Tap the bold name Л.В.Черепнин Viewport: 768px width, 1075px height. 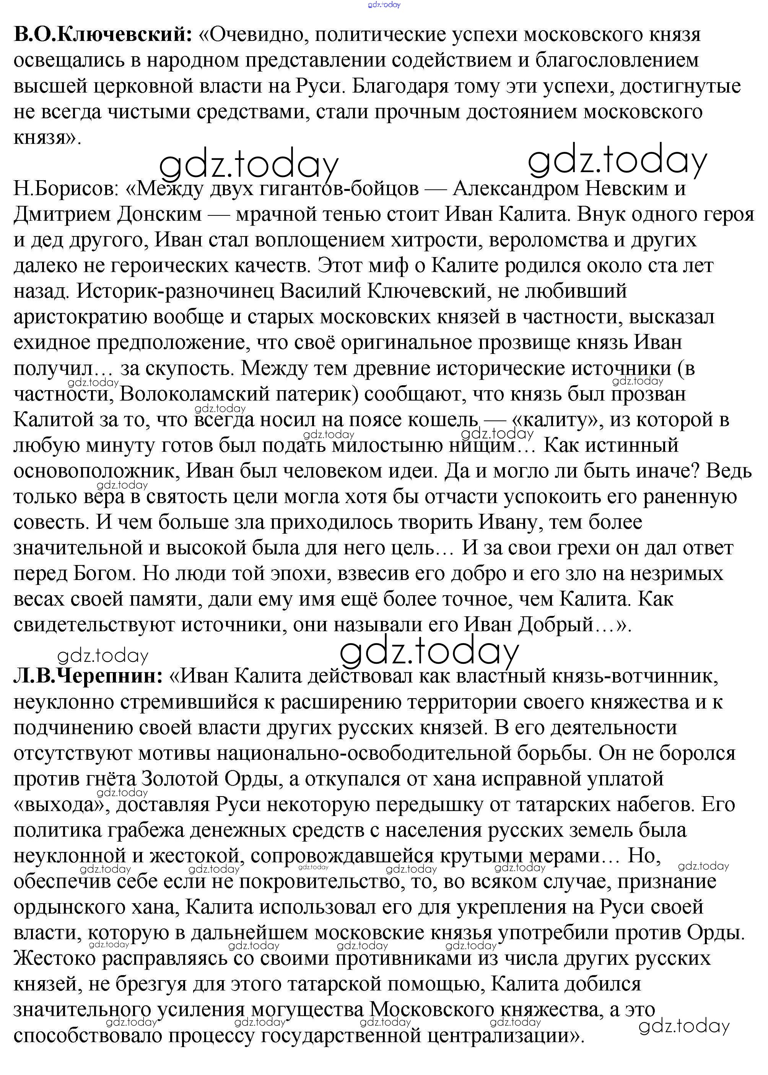point(88,677)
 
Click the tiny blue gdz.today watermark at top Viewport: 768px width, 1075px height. point(384,5)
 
